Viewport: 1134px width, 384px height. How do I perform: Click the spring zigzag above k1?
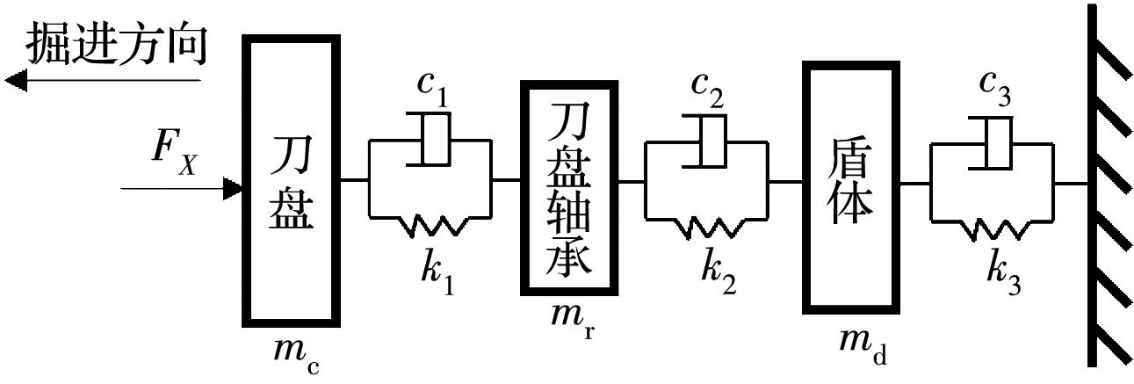434,225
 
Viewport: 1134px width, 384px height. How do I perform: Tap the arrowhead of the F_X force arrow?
233,187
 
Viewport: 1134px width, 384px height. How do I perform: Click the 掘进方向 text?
117,44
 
